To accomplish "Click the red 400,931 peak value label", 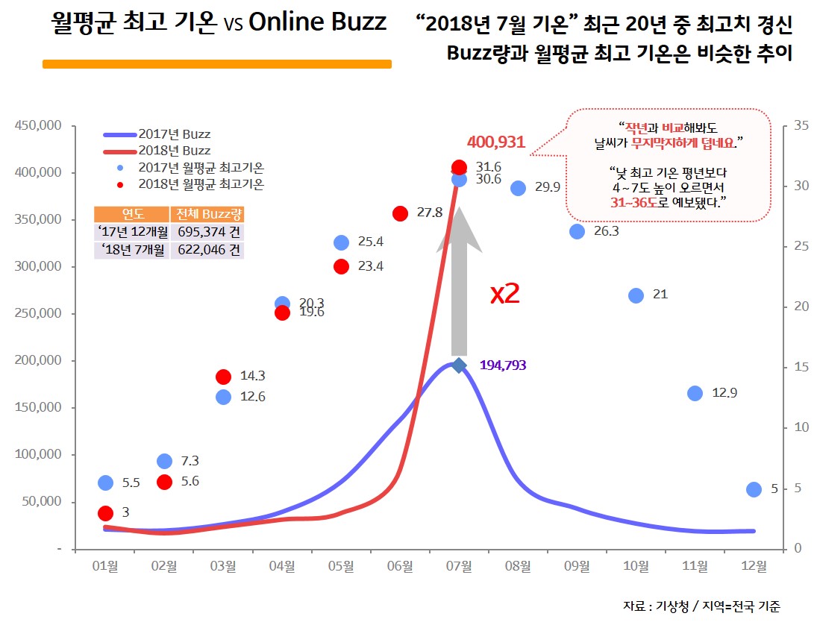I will tap(496, 142).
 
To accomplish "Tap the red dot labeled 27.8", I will tap(400, 213).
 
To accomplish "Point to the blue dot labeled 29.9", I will tap(519, 188).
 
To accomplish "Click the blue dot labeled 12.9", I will tap(695, 393).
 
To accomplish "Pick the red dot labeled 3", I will tap(105, 513).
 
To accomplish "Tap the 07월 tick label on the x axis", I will tap(459, 566).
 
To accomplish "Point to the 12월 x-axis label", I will tap(754, 566).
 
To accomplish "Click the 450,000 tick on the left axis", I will tap(38, 126).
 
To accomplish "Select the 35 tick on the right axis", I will tap(801, 126).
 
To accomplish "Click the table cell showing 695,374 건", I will tap(207, 231).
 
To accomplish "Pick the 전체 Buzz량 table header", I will tap(207, 214).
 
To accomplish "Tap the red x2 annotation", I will tap(504, 293).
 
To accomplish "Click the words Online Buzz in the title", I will tap(317, 22).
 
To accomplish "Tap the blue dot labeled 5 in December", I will tap(754, 489).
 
